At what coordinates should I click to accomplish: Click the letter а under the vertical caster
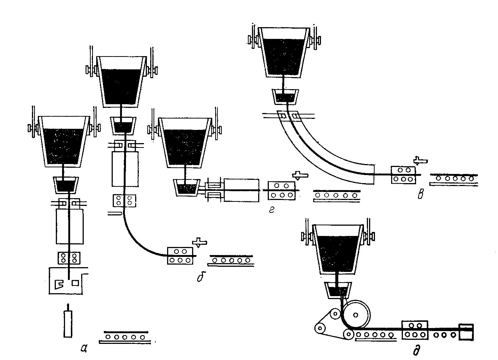point(84,348)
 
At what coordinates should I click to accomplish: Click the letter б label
point(201,276)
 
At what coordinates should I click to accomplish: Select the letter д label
point(416,349)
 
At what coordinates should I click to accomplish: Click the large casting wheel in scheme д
point(356,315)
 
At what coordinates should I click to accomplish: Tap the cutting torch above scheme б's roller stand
point(199,242)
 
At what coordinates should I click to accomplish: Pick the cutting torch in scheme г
point(300,175)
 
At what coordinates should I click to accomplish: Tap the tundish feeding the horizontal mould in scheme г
point(186,188)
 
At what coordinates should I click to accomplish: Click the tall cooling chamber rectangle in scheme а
point(70,226)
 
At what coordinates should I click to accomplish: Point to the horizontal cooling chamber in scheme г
point(241,190)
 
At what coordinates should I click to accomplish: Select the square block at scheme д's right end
point(466,332)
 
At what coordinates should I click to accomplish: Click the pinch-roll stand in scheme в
point(403,175)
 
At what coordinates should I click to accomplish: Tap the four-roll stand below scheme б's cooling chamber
point(124,201)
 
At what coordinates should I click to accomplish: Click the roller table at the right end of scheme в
point(454,180)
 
